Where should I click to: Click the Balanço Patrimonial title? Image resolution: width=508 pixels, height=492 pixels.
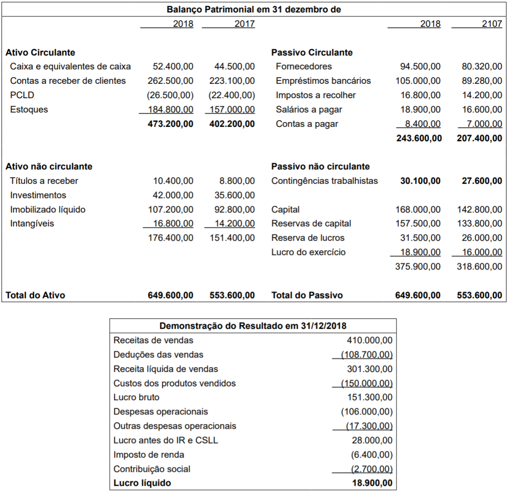pos(254,9)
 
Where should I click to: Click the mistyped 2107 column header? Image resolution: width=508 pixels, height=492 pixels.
pos(492,23)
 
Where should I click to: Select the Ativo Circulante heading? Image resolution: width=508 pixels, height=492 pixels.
pos(40,52)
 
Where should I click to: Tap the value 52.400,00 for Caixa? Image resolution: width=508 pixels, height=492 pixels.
pos(173,67)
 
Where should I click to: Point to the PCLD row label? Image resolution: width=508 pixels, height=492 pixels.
pos(22,95)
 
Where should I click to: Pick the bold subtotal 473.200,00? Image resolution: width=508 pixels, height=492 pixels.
pos(171,124)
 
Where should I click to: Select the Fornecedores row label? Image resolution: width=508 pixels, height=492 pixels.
pos(304,67)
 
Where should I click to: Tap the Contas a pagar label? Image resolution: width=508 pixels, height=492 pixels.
pos(307,124)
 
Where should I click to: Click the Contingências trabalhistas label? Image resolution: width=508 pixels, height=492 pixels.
pos(324,181)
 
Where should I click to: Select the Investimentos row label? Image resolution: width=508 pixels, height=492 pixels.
pos(38,195)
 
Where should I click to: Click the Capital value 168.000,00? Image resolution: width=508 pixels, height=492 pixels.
pos(418,210)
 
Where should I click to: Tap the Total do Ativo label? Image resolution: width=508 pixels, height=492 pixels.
pos(35,295)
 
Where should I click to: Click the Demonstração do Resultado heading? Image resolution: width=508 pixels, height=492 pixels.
pos(253,326)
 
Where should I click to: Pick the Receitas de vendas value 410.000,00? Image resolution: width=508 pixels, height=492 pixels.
pos(370,340)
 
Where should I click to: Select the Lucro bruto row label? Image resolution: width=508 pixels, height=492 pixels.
pos(136,397)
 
